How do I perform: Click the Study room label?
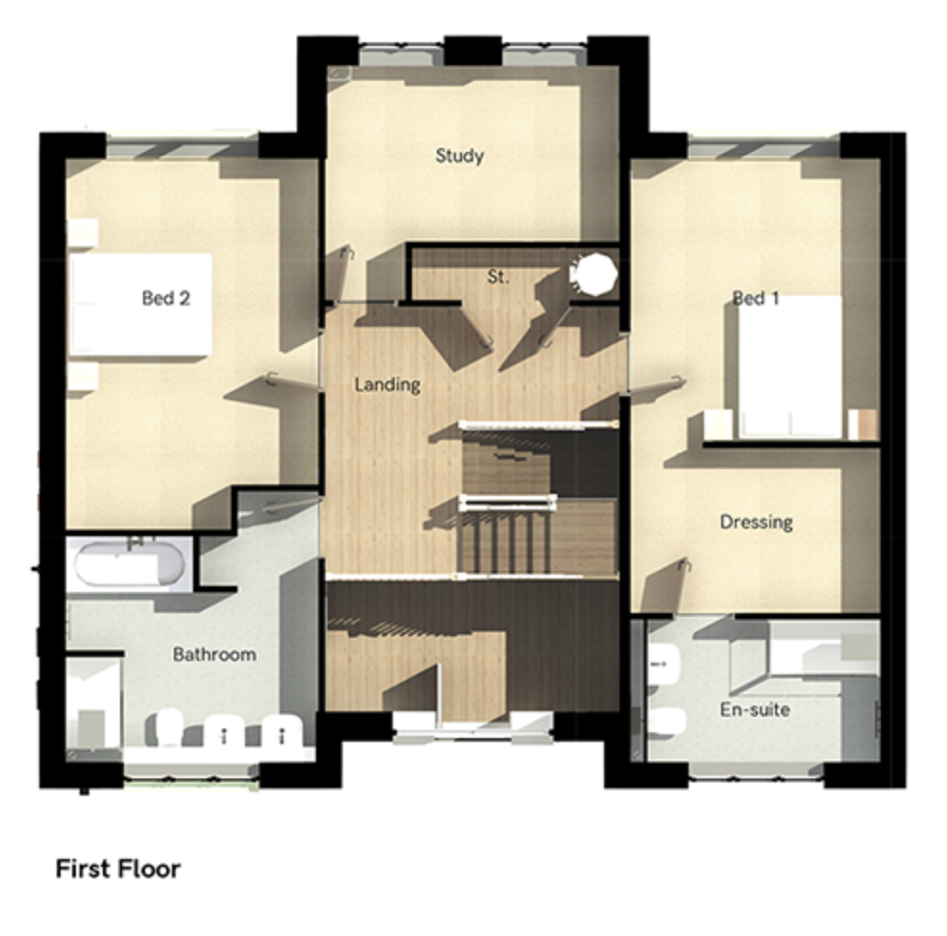(x=460, y=156)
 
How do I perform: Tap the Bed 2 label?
(x=165, y=298)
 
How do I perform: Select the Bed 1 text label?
(x=755, y=298)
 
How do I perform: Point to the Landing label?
(x=387, y=385)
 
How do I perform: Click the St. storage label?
(x=498, y=278)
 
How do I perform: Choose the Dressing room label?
(x=756, y=522)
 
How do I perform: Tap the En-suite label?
(x=755, y=709)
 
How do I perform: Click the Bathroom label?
(x=214, y=654)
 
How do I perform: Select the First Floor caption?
(x=118, y=869)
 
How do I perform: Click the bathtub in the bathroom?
(x=130, y=564)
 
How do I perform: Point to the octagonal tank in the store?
(x=594, y=275)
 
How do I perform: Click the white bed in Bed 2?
(x=141, y=304)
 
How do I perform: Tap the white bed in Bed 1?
(x=790, y=366)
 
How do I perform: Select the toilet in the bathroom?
(x=169, y=728)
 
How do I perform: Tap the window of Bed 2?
(x=182, y=146)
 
